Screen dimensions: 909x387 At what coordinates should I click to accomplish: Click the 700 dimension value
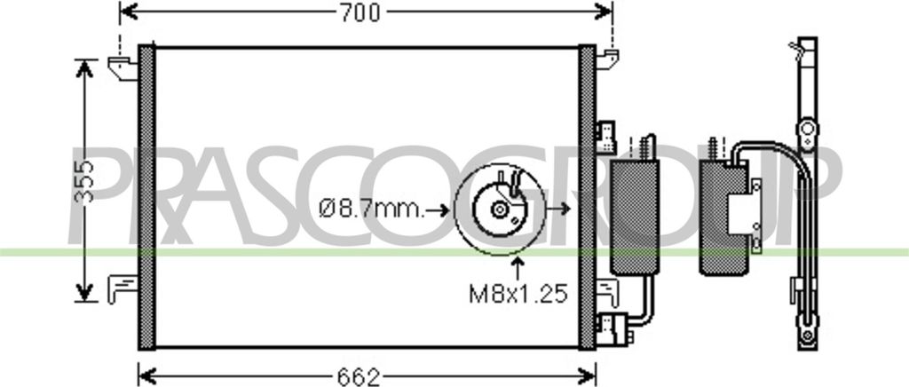[360, 12]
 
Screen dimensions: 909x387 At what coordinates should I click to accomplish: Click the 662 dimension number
[359, 377]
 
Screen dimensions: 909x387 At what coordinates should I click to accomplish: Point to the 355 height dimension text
[85, 182]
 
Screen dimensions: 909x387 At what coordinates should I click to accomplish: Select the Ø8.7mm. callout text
[372, 209]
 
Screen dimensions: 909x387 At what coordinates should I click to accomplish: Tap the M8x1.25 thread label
[518, 295]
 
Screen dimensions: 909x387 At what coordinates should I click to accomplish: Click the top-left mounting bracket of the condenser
[123, 67]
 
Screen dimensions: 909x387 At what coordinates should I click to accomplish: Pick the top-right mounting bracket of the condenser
[607, 59]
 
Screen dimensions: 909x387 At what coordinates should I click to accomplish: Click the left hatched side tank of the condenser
[146, 197]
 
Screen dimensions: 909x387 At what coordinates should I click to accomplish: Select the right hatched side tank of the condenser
[588, 197]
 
